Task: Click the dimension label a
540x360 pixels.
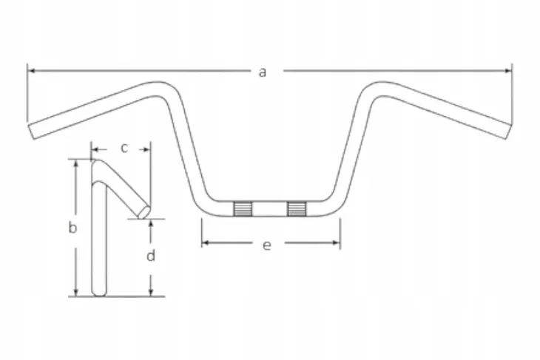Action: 263,72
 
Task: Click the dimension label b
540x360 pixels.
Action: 72,227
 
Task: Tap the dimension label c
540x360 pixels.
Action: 124,148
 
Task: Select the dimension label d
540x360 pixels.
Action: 151,255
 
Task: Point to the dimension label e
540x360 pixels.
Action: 267,245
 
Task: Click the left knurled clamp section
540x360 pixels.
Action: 243,208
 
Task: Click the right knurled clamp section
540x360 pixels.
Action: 297,208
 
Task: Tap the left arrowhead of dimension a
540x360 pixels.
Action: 31,71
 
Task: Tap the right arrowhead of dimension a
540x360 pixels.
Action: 508,71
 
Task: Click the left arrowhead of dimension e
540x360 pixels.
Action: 206,243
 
